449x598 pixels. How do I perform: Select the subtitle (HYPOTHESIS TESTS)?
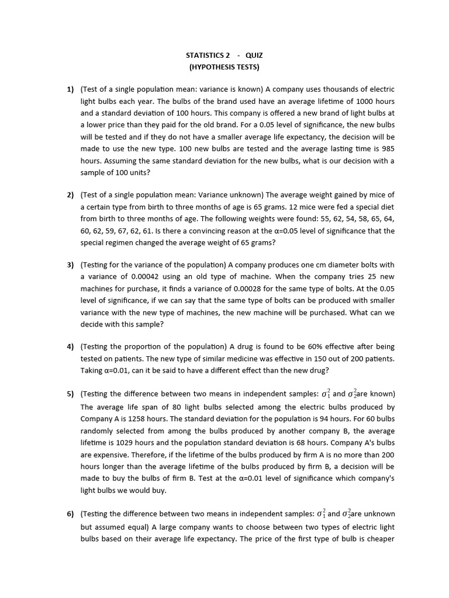pyautogui.click(x=224, y=67)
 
